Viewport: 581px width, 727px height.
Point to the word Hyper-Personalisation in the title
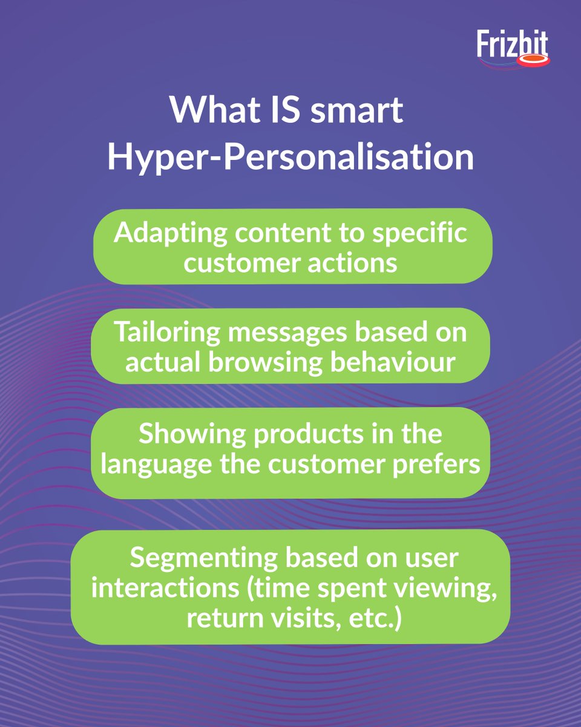click(x=290, y=156)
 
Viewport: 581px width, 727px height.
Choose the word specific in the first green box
click(x=420, y=233)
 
